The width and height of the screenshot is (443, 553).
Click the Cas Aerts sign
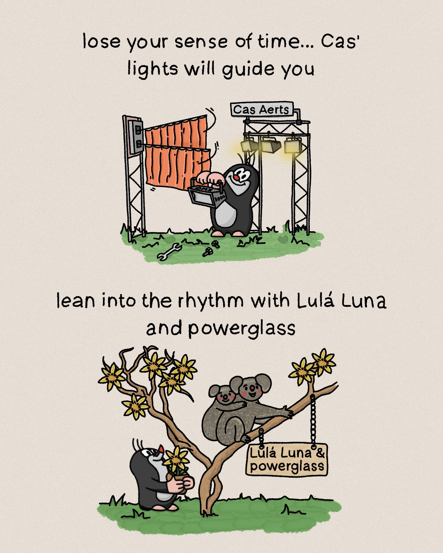click(x=262, y=109)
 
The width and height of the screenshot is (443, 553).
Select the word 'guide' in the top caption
click(x=248, y=70)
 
